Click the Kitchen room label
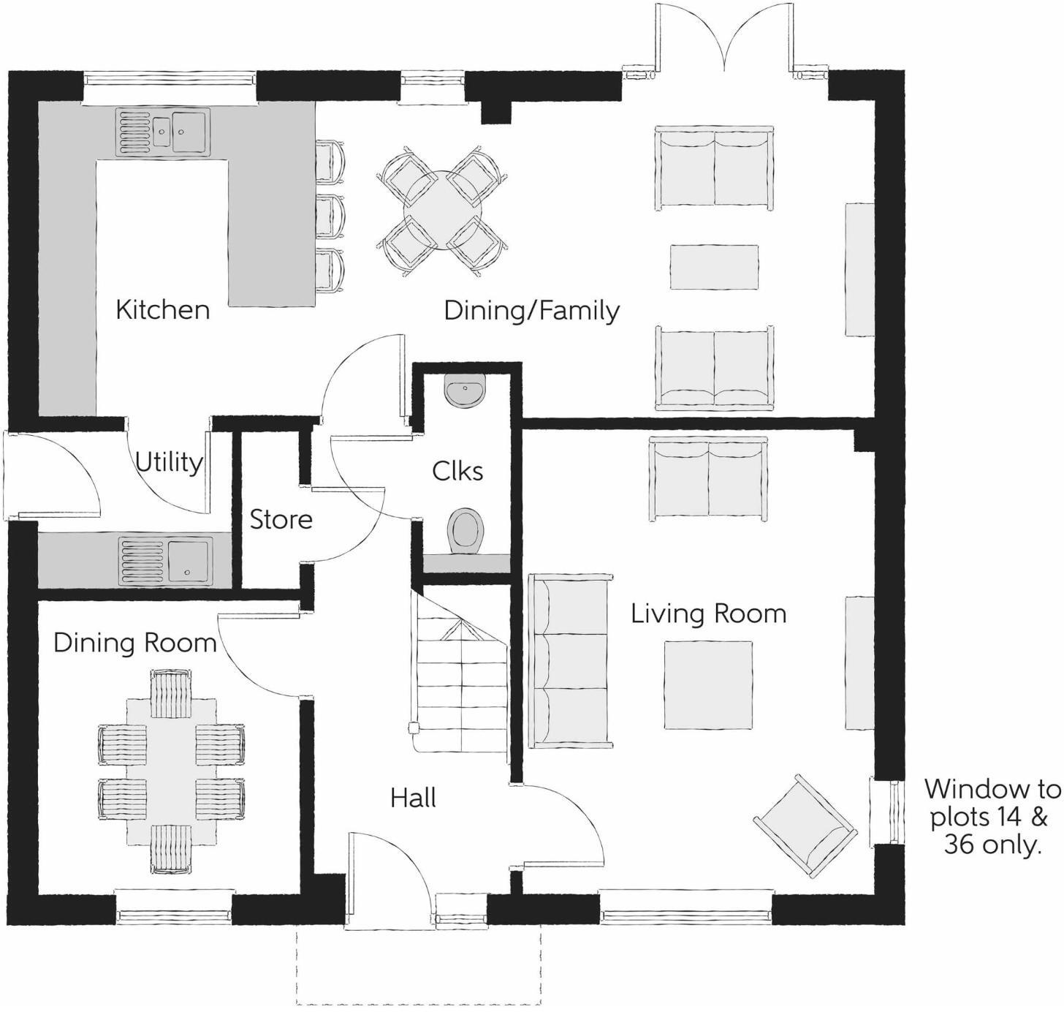[162, 310]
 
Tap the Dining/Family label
[531, 311]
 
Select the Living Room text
[708, 613]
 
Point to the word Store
[281, 520]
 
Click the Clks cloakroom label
[457, 471]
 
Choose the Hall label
[413, 797]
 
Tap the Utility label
[169, 463]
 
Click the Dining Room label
[135, 643]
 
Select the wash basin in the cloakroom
[464, 392]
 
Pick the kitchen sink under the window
[162, 132]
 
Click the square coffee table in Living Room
[708, 685]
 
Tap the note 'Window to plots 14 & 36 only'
[992, 817]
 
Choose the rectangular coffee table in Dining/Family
[714, 267]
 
